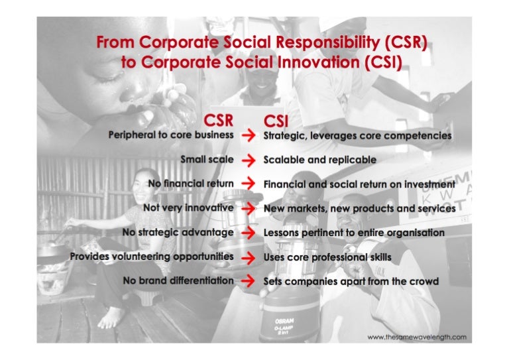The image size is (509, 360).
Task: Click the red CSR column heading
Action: (x=218, y=121)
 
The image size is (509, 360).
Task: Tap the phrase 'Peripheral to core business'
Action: (x=171, y=135)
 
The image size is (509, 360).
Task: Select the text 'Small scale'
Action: (x=207, y=160)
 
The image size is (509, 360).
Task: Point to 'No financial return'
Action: (x=192, y=184)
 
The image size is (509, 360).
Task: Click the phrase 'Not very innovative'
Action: (x=188, y=208)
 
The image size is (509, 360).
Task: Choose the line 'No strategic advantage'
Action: (x=178, y=233)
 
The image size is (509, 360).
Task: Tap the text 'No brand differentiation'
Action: (x=178, y=280)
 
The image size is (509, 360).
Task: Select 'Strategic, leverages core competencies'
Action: (x=357, y=136)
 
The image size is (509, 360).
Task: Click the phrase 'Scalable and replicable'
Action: (x=319, y=160)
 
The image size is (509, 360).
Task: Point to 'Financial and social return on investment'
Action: (x=359, y=184)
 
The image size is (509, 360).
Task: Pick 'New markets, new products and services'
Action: (x=359, y=208)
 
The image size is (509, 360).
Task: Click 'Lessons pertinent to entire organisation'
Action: (x=354, y=233)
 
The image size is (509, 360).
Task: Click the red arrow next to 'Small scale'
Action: (x=249, y=160)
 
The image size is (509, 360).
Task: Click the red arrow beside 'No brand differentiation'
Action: (x=249, y=280)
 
